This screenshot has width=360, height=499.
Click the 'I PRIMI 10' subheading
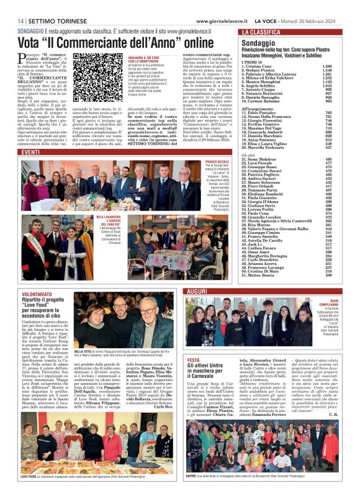pyautogui.click(x=254, y=60)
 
